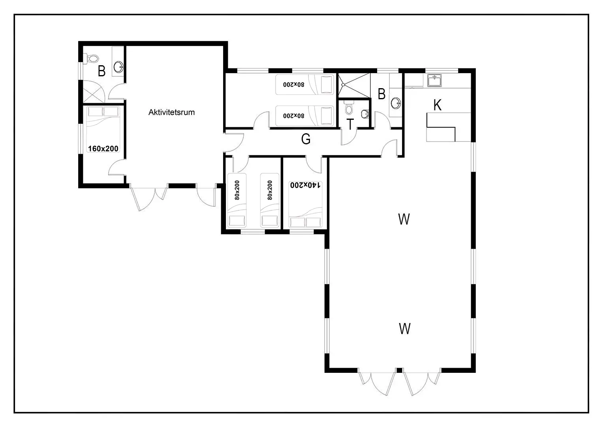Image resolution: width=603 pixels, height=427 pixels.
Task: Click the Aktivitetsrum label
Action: coord(171,112)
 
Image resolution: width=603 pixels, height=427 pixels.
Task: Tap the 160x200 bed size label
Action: coord(103,149)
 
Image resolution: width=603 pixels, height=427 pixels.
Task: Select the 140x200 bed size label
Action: coord(305,185)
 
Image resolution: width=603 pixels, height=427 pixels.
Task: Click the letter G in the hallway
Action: coord(306,139)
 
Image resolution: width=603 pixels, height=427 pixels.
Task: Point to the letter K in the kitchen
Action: coord(438,105)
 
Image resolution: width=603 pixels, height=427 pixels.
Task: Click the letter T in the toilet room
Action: coord(350,124)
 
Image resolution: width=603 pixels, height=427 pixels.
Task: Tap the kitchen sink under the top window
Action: coord(434,80)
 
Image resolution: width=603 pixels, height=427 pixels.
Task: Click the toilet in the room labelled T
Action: coord(349,108)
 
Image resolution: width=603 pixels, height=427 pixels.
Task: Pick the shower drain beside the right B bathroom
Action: coord(343,85)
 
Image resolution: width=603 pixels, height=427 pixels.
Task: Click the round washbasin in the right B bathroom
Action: coord(396,103)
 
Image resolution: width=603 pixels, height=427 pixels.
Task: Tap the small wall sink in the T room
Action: coord(365,114)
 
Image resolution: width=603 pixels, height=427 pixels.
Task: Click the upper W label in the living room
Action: coord(404,219)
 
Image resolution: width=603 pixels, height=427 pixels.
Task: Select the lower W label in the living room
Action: coord(405,329)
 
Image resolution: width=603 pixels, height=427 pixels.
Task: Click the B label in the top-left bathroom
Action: coord(101,71)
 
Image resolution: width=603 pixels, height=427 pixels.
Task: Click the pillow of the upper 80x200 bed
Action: coord(327,85)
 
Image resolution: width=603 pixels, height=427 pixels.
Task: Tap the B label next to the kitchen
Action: coord(381,94)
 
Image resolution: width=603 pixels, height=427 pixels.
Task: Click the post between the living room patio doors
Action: coord(399,370)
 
